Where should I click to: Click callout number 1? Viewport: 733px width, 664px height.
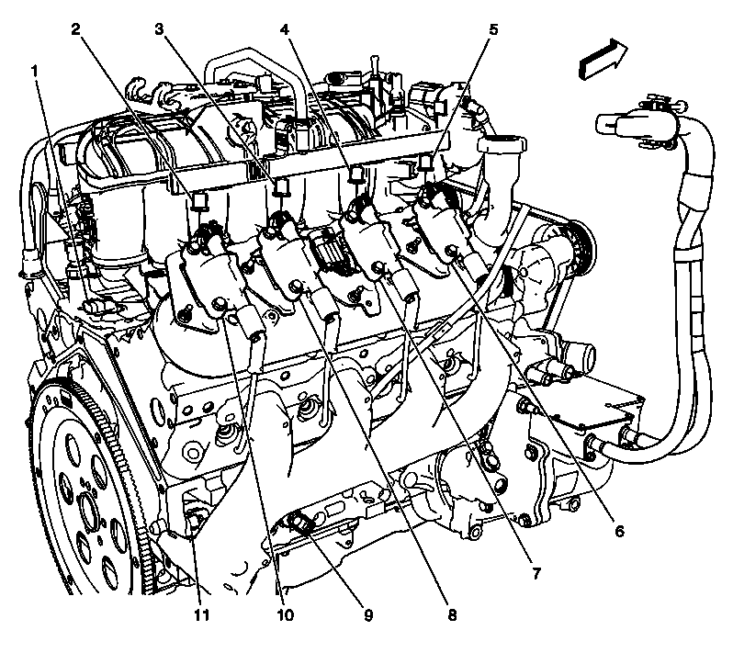36,69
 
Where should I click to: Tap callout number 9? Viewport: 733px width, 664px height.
367,614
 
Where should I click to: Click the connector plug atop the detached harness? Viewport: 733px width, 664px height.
634,118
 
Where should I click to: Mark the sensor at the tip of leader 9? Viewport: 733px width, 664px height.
300,523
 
